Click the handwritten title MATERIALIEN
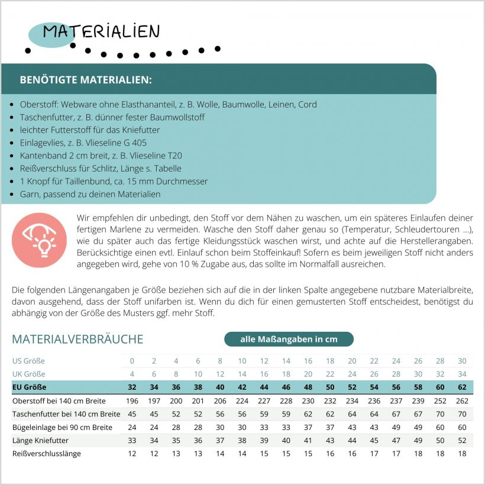101,31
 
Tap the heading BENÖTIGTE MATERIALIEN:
85,79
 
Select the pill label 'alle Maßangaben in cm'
289,339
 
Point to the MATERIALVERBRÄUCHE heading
77,339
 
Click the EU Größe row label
31,387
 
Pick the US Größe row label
28,361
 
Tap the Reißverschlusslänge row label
46,454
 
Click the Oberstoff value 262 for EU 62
462,401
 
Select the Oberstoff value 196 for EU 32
132,401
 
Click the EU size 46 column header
286,387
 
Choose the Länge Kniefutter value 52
462,441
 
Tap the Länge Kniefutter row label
40,441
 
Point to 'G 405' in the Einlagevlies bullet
134,143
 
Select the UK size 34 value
462,374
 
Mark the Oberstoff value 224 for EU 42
242,401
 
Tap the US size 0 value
132,361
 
